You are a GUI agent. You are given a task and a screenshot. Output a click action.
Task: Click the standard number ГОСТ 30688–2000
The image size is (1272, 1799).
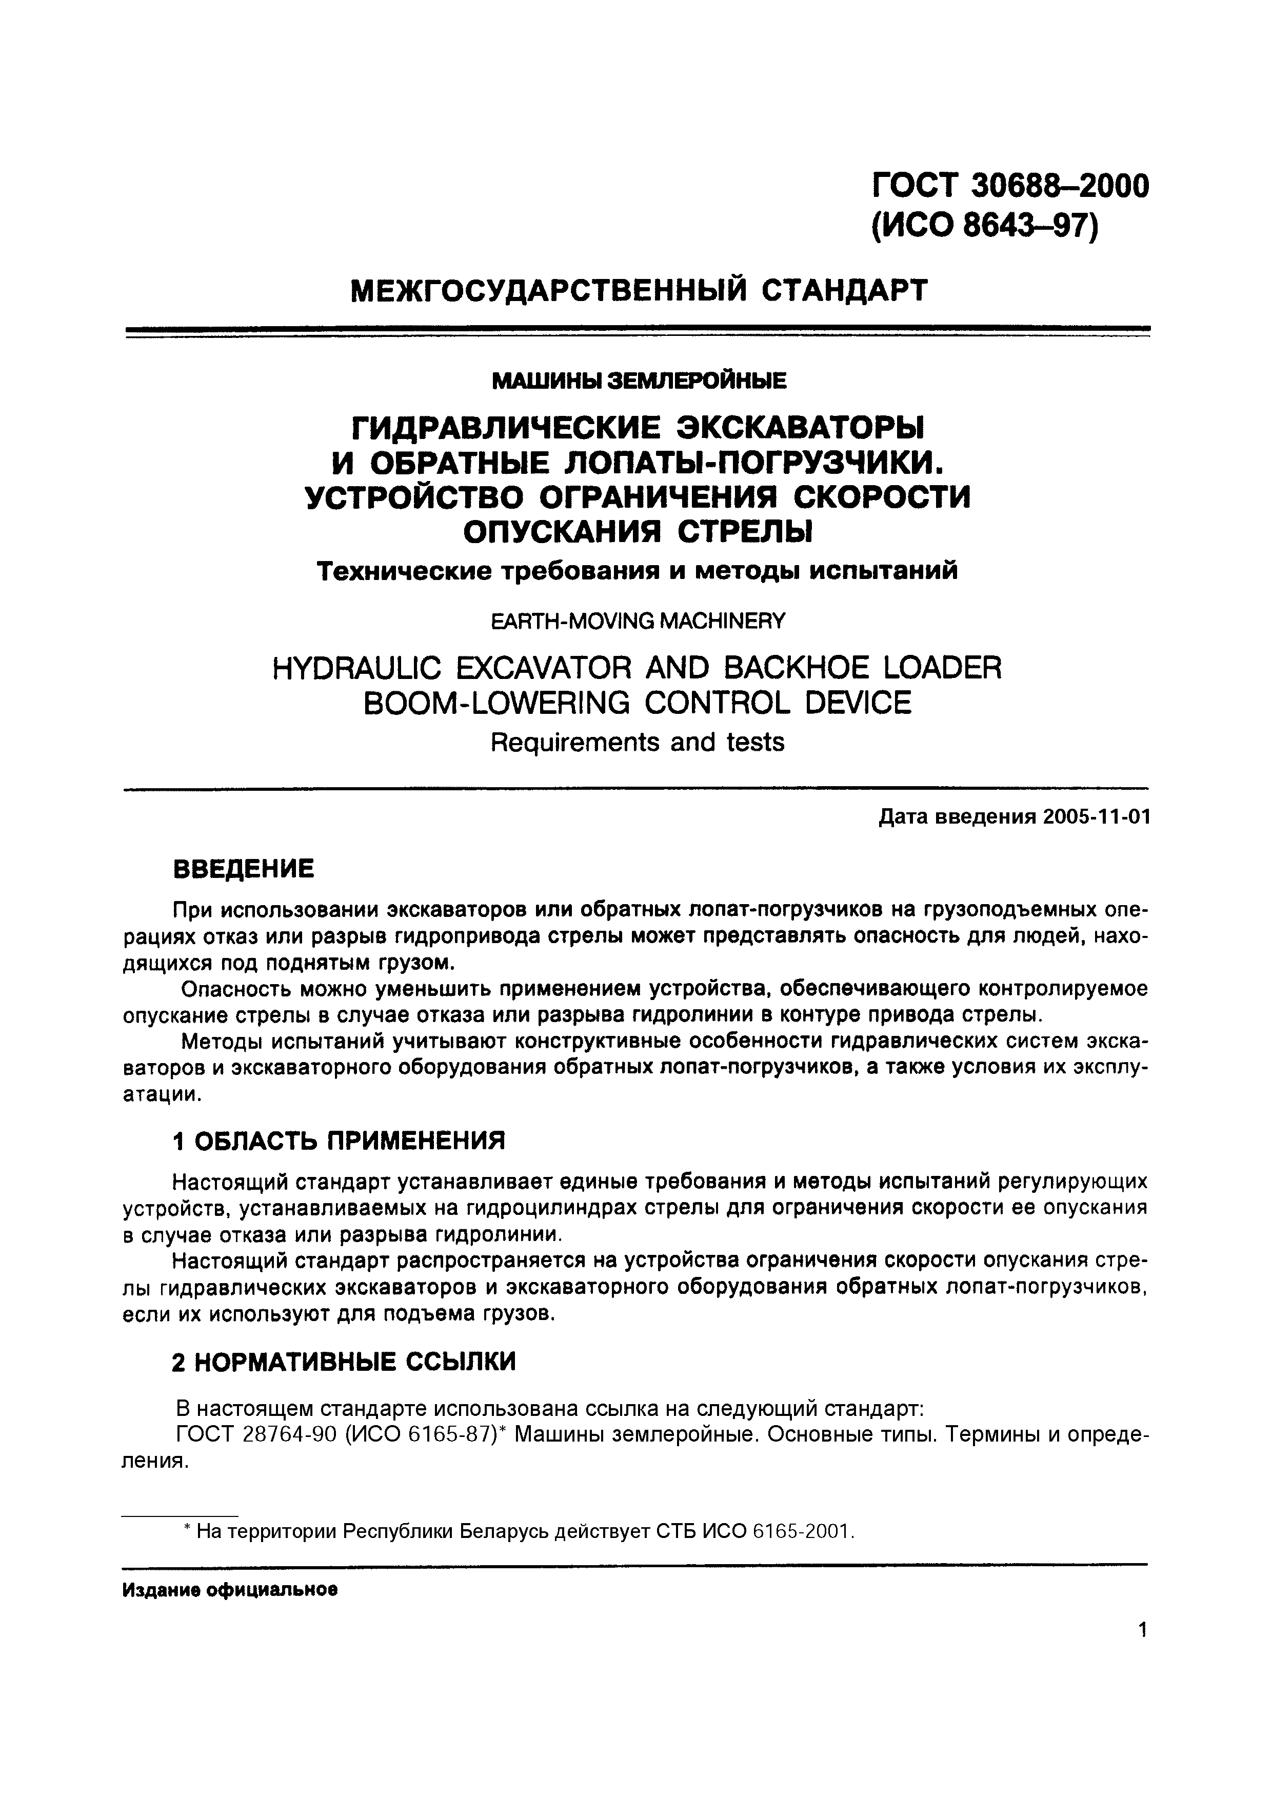click(x=1010, y=185)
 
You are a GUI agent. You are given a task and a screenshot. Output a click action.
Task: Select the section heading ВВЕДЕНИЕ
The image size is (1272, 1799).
click(x=243, y=869)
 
